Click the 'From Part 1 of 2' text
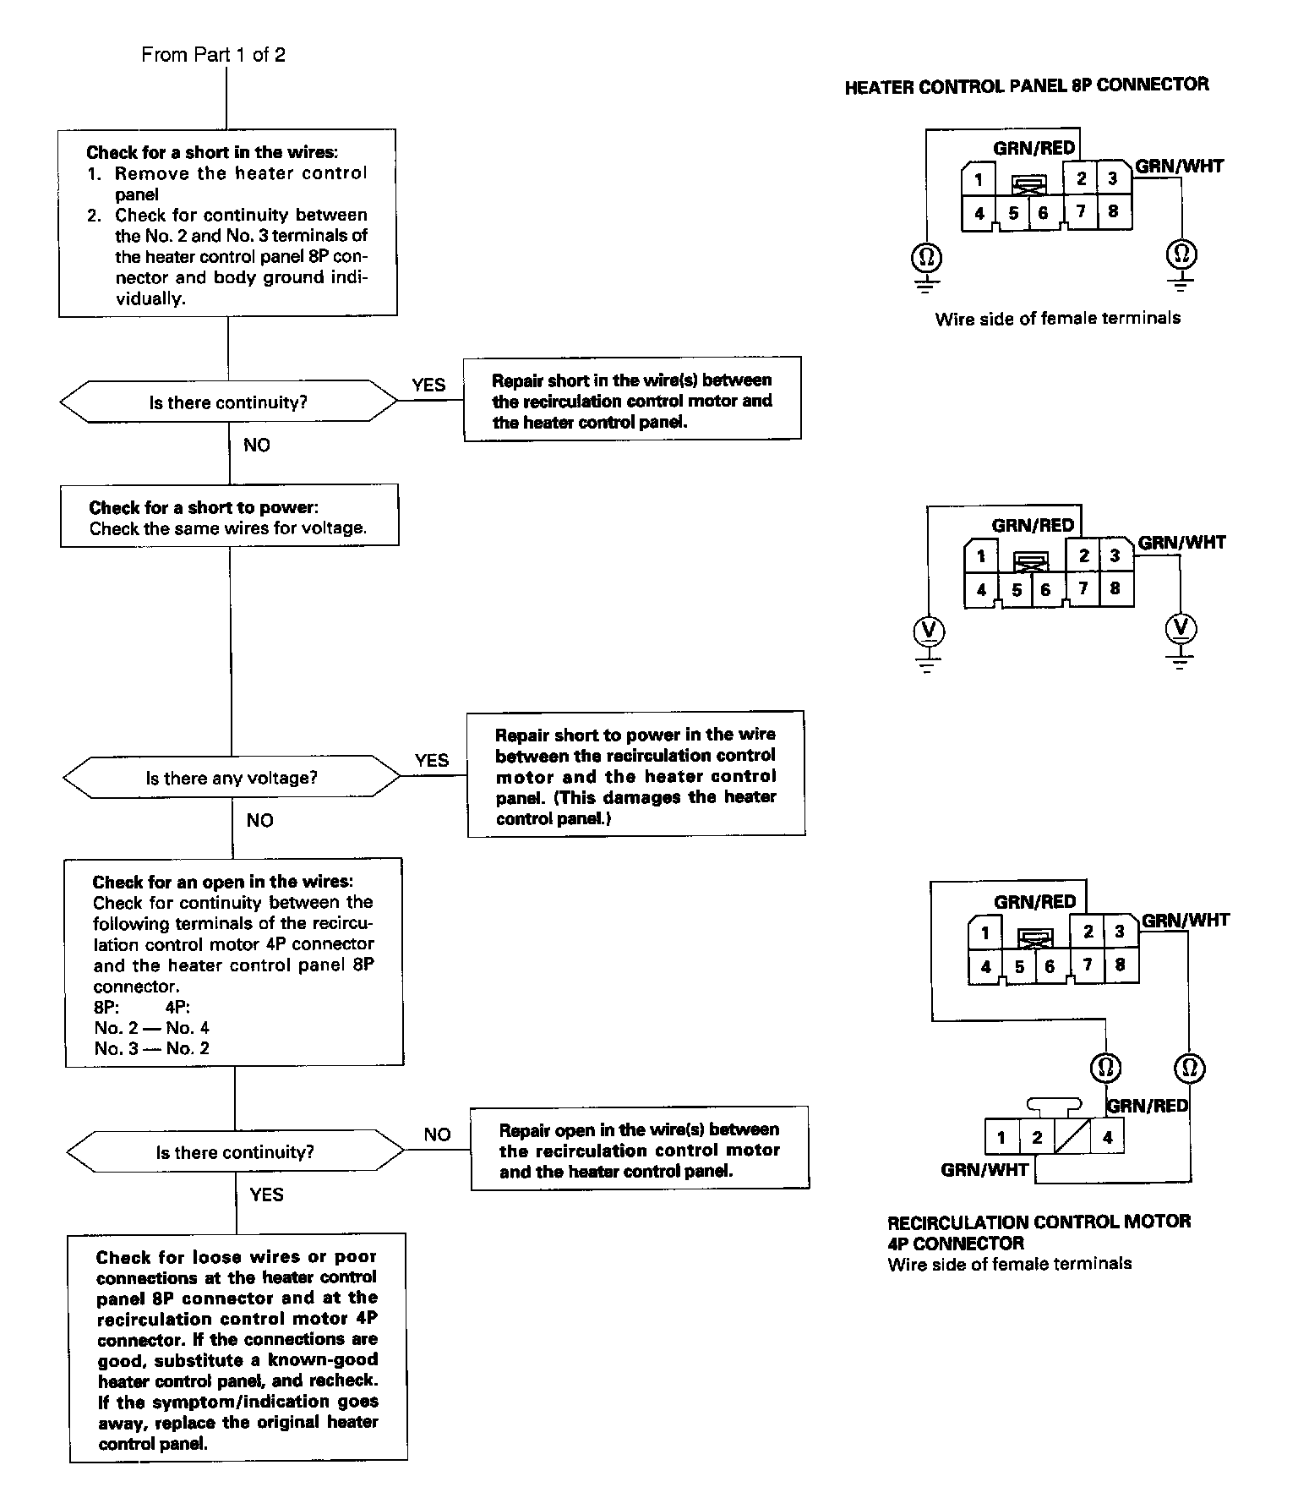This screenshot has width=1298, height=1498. pyautogui.click(x=213, y=55)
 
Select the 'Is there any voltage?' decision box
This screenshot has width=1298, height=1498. pyautogui.click(x=232, y=777)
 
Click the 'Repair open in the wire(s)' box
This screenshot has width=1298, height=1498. pyautogui.click(x=640, y=1149)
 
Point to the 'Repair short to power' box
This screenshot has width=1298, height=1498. pyautogui.click(x=635, y=774)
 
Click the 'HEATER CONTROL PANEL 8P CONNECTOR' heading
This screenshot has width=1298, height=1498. pyautogui.click(x=1027, y=85)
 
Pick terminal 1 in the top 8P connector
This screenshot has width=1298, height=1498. pyautogui.click(x=979, y=178)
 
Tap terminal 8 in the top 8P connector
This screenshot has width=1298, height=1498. pyautogui.click(x=1113, y=210)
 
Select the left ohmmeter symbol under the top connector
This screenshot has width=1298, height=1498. pyautogui.click(x=927, y=255)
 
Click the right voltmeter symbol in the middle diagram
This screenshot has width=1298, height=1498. pyautogui.click(x=1181, y=628)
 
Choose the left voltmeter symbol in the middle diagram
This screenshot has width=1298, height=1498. pyautogui.click(x=929, y=631)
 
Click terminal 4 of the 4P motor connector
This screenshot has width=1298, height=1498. pyautogui.click(x=1108, y=1137)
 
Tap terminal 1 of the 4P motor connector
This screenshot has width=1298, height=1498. pyautogui.click(x=1002, y=1137)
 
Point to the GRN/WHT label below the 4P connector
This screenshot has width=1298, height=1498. pyautogui.click(x=984, y=1170)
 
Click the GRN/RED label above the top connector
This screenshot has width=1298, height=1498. pyautogui.click(x=1034, y=148)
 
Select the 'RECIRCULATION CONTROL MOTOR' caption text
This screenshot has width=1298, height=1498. pyautogui.click(x=1039, y=1222)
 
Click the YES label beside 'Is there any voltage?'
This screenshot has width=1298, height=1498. pyautogui.click(x=432, y=760)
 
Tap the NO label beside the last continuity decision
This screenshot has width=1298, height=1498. pyautogui.click(x=438, y=1134)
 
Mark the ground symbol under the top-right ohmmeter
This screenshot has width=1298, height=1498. pyautogui.click(x=1181, y=282)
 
